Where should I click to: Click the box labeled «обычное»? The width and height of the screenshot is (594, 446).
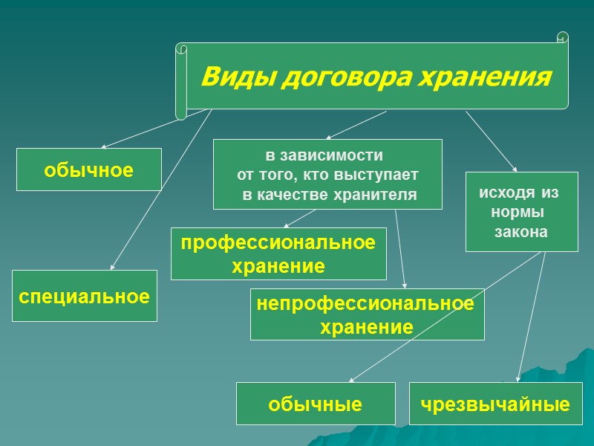[x=89, y=170]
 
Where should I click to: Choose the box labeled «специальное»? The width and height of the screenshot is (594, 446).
[x=84, y=296]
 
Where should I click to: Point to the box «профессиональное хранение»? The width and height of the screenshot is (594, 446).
[x=278, y=254]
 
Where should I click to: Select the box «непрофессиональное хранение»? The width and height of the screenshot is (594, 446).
[x=367, y=314]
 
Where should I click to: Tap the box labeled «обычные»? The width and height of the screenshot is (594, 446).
[x=316, y=404]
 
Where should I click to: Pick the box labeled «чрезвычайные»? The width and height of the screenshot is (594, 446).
[x=495, y=404]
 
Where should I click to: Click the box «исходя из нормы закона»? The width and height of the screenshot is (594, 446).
[x=521, y=212]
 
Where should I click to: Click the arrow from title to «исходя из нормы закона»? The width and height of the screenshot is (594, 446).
[x=490, y=141]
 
